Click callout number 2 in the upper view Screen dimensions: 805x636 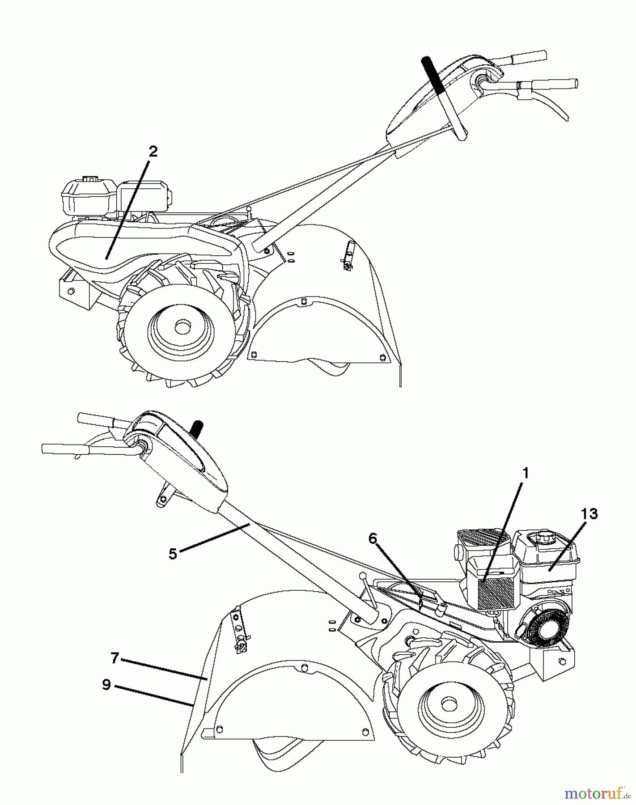click(x=153, y=152)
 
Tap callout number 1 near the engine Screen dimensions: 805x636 click(x=526, y=473)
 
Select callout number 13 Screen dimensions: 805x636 click(x=589, y=514)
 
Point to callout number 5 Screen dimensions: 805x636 click(x=173, y=554)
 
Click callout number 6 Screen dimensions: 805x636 click(x=373, y=539)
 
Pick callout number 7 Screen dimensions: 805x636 click(x=115, y=658)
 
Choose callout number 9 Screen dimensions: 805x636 click(x=106, y=685)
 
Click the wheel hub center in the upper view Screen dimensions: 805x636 click(x=182, y=327)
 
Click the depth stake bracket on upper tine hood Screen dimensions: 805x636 click(x=348, y=258)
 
